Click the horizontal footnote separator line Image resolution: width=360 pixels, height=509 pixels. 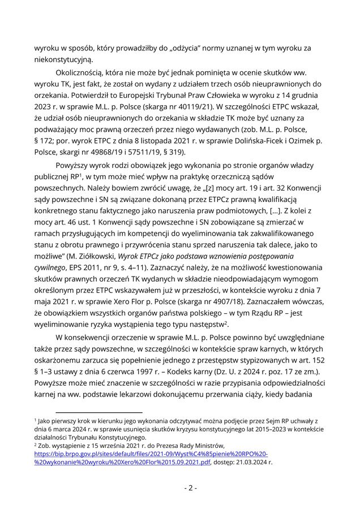coord(99,412)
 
